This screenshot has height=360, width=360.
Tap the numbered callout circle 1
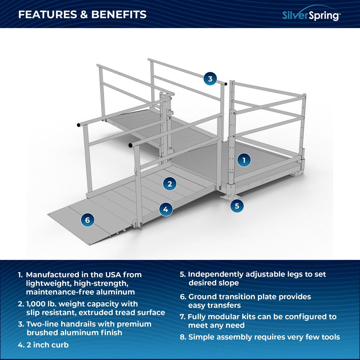[x=244, y=160]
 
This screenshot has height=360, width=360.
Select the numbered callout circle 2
[x=170, y=184]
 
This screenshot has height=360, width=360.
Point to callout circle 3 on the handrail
[x=210, y=78]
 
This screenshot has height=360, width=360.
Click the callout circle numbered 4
[x=165, y=208]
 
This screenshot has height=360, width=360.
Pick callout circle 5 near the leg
[x=237, y=206]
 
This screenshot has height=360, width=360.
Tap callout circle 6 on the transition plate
[x=87, y=220]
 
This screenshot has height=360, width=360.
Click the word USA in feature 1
[x=111, y=275]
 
